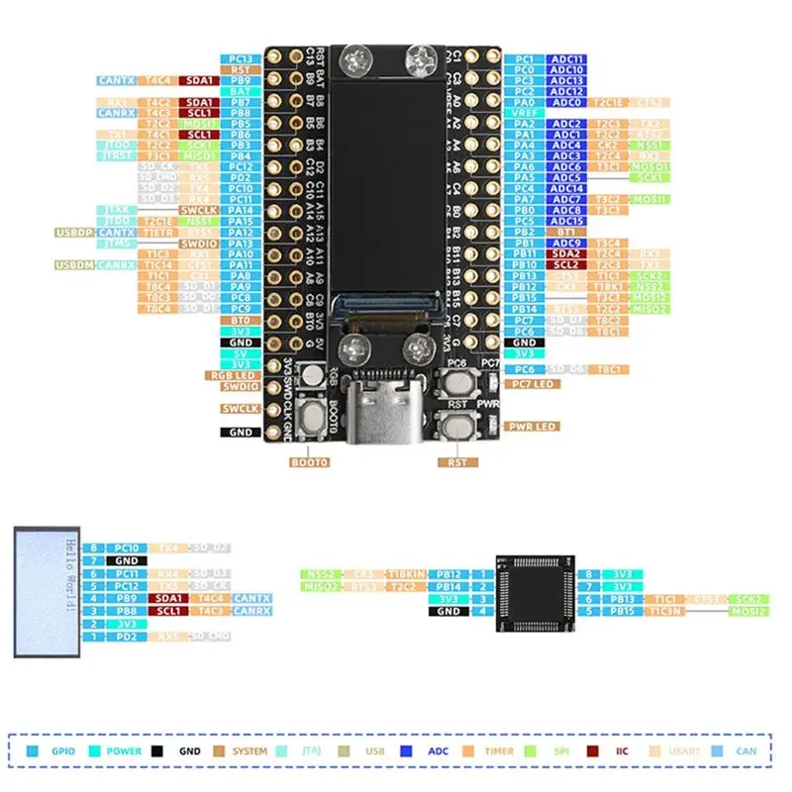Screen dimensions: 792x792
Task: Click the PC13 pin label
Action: [240, 59]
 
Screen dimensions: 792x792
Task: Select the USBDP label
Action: [75, 232]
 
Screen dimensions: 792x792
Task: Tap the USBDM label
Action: [75, 265]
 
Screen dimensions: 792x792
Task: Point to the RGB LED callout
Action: [231, 376]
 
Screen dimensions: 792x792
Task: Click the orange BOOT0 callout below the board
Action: [309, 461]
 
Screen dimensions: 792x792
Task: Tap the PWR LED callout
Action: [533, 427]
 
